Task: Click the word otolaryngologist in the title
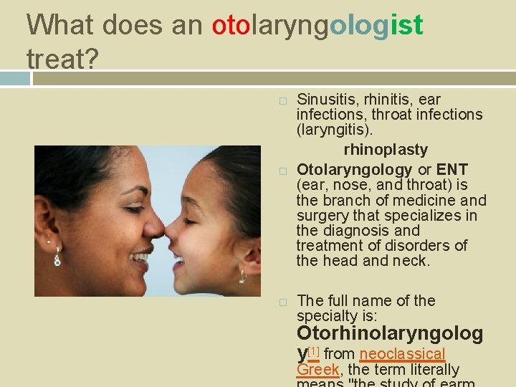[x=317, y=26]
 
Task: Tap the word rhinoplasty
[x=386, y=150]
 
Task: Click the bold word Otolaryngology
[x=354, y=170]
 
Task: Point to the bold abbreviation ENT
[x=451, y=170]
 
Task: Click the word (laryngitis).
[x=334, y=130]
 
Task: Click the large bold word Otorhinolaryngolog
[x=390, y=334]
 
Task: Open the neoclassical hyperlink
[x=402, y=353]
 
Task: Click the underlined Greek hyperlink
[x=317, y=370]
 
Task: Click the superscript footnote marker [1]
[x=313, y=350]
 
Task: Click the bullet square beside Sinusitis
[x=283, y=100]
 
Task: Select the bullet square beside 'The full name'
[x=283, y=302]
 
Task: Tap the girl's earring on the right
[x=242, y=276]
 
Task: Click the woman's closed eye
[x=133, y=208]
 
